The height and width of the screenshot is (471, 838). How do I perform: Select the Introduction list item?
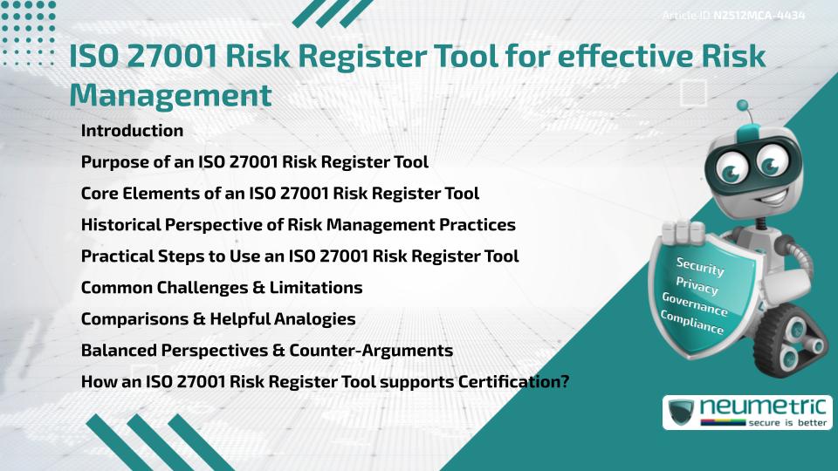[x=132, y=131]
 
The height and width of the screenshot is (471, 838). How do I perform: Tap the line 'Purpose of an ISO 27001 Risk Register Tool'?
[x=254, y=162]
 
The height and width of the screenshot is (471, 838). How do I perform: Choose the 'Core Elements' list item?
[x=279, y=194]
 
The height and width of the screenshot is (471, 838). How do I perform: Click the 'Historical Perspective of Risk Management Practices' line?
[x=298, y=225]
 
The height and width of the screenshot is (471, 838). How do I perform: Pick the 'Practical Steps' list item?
[x=299, y=256]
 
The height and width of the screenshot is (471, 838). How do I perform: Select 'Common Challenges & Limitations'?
[x=221, y=288]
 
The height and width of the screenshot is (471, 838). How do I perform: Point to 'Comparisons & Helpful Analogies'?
[x=217, y=319]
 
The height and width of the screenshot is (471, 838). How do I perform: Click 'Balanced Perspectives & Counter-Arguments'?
[x=266, y=351]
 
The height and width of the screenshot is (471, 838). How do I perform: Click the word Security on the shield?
[x=700, y=267]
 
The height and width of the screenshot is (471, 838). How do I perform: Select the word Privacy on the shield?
[x=697, y=286]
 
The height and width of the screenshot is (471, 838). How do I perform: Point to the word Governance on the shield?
[x=695, y=305]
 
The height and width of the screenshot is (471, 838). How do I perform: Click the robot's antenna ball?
[x=745, y=108]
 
